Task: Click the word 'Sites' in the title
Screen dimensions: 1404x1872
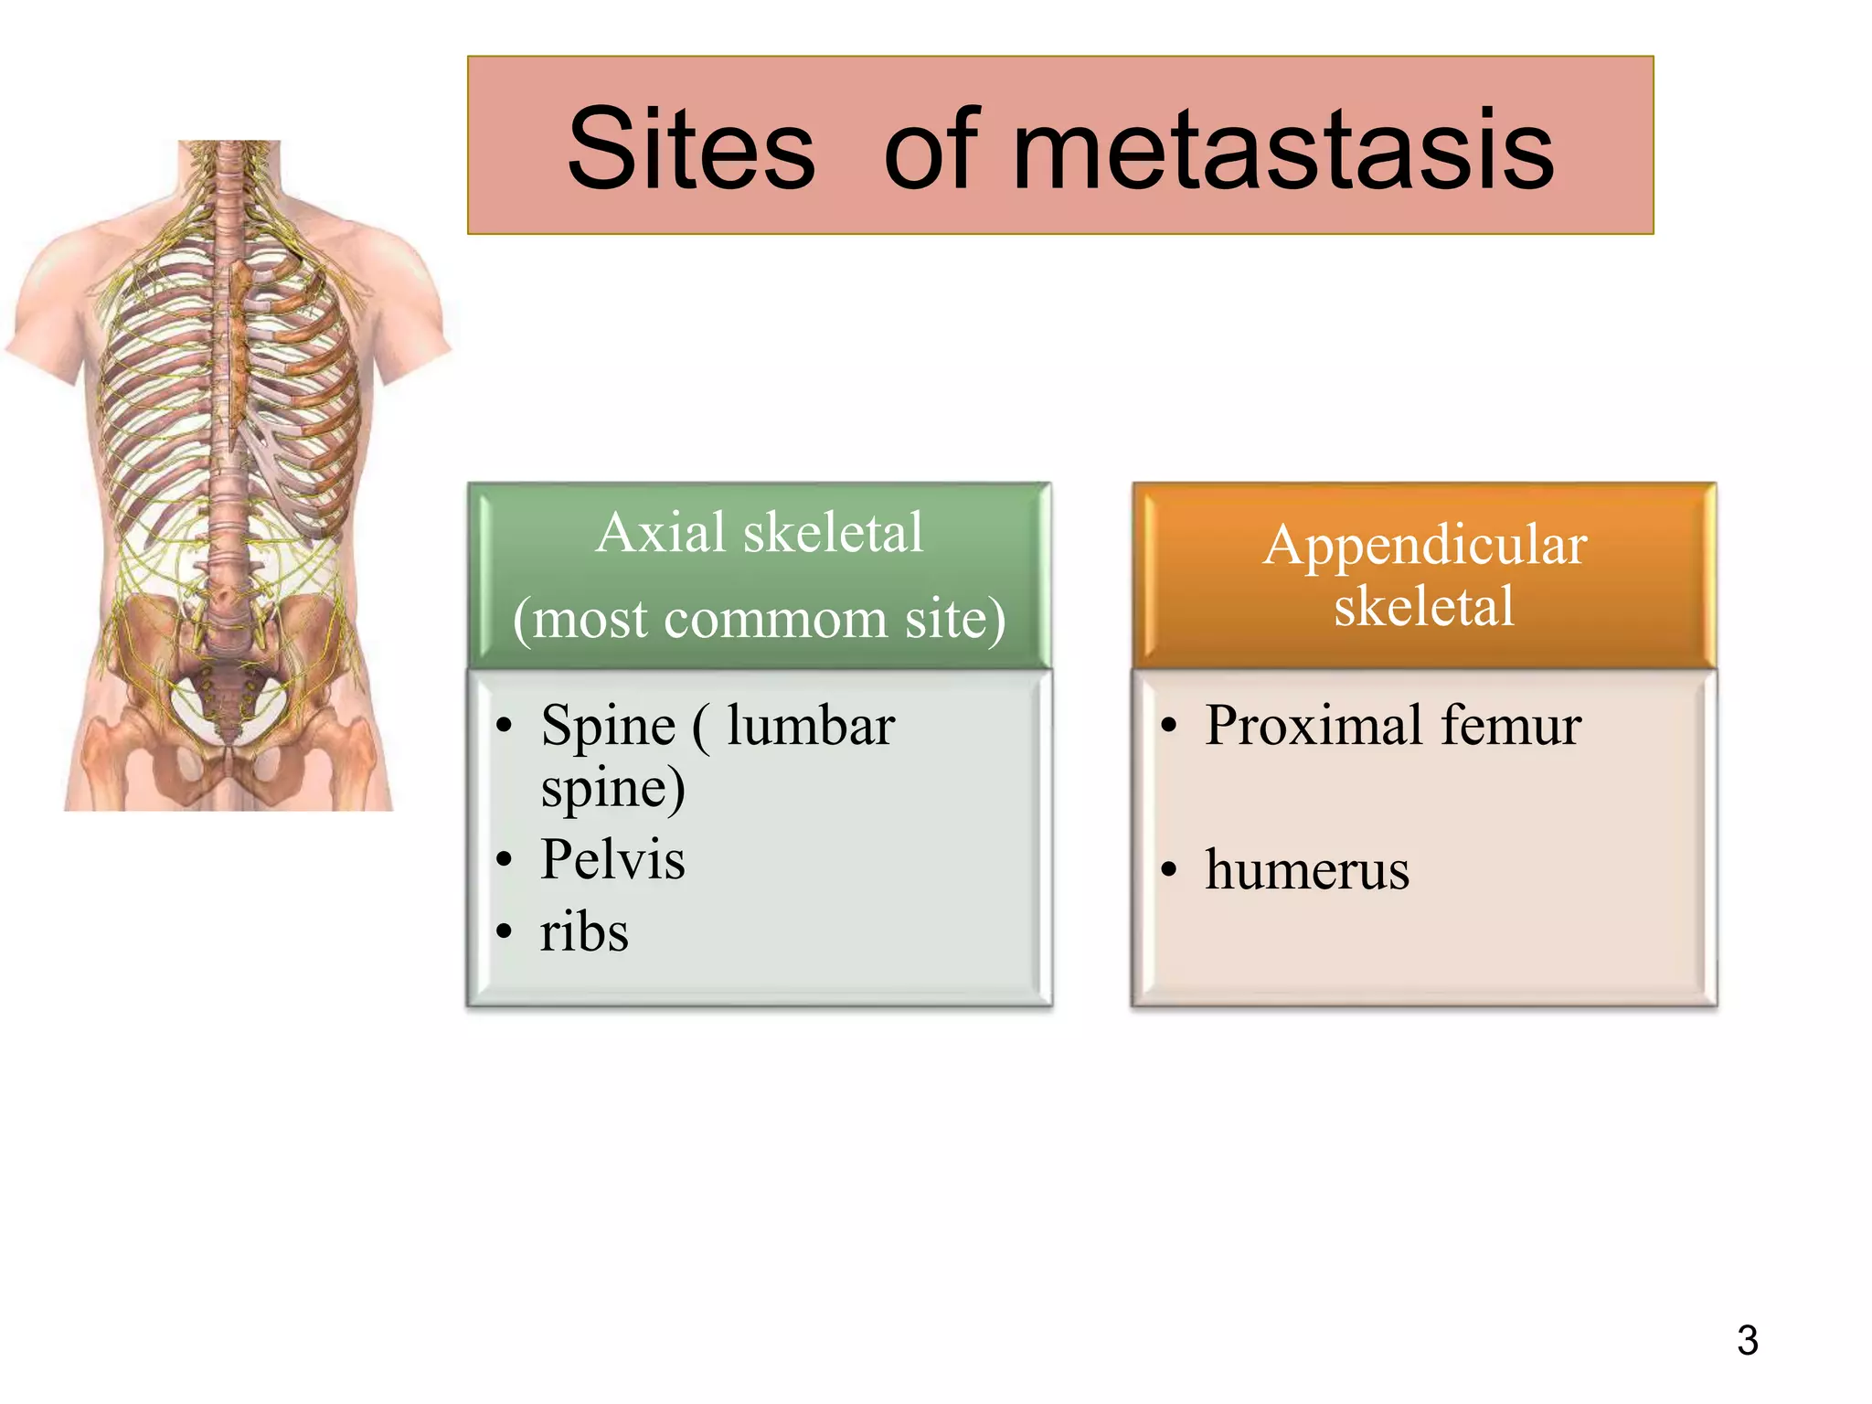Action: [690, 149]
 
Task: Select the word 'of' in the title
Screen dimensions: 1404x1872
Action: [931, 149]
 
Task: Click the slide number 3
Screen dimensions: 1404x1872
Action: [1747, 1340]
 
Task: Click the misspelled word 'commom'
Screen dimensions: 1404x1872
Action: [775, 619]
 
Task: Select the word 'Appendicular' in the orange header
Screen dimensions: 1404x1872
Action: [1424, 545]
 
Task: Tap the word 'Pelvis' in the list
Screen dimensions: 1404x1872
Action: [612, 859]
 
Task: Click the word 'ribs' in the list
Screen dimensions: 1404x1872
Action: [584, 932]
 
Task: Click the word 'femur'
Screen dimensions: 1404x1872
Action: [1511, 726]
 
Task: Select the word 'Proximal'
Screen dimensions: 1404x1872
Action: [1314, 726]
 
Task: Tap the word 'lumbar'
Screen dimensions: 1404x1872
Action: [811, 726]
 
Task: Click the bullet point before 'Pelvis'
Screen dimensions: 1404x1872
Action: [504, 860]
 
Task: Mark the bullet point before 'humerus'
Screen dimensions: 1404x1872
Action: [1168, 870]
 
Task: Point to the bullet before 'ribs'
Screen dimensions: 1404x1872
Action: [504, 933]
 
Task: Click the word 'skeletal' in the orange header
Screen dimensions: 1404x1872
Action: [1424, 605]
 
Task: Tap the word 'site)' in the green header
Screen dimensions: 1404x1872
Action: [955, 619]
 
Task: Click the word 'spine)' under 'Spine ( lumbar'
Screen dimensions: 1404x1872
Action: [612, 788]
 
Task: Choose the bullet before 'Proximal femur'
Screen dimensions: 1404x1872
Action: [1168, 728]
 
